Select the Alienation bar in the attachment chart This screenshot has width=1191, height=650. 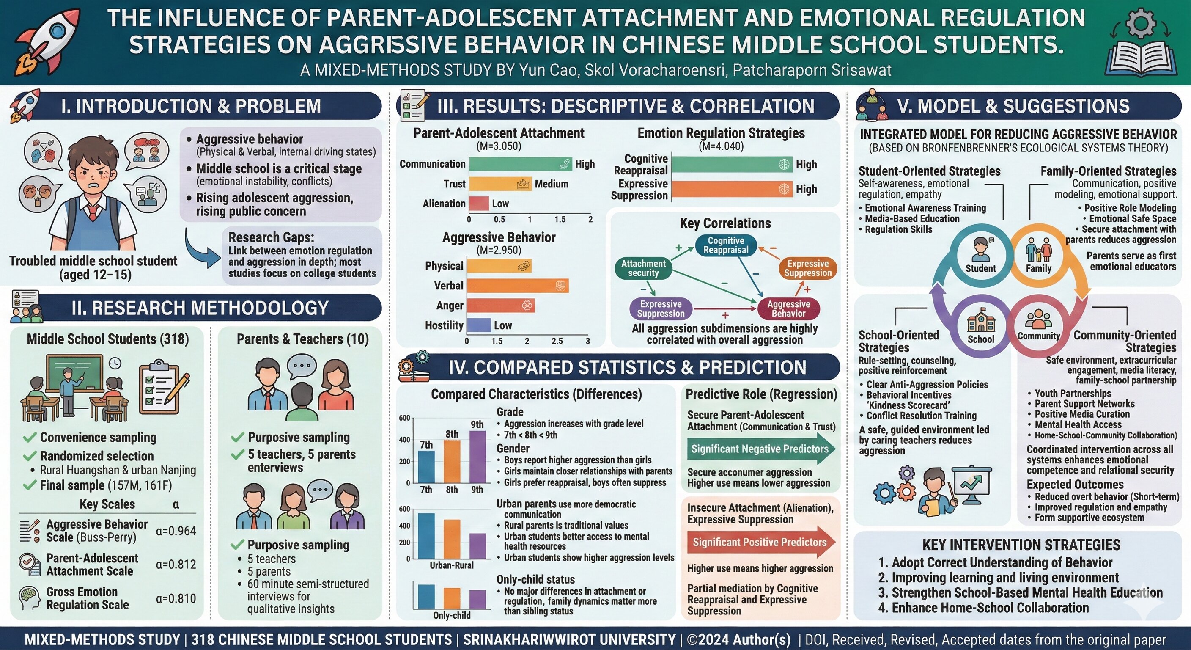click(x=479, y=204)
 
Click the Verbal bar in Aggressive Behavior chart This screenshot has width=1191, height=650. click(x=518, y=286)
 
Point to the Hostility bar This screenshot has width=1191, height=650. click(x=479, y=325)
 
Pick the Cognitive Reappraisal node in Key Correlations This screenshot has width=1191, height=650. click(x=725, y=245)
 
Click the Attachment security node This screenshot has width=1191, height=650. click(x=643, y=268)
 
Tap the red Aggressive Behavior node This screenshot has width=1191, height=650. click(x=788, y=308)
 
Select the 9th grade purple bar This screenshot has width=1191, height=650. click(x=477, y=457)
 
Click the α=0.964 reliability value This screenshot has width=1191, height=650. click(x=176, y=531)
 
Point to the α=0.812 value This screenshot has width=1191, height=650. click(x=176, y=565)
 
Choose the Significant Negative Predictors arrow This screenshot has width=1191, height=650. click(x=760, y=449)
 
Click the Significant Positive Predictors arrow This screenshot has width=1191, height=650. click(x=760, y=542)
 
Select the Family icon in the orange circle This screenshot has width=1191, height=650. click(x=1038, y=250)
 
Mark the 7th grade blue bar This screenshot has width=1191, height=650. click(x=426, y=466)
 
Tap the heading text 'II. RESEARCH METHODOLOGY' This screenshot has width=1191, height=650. click(x=200, y=308)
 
